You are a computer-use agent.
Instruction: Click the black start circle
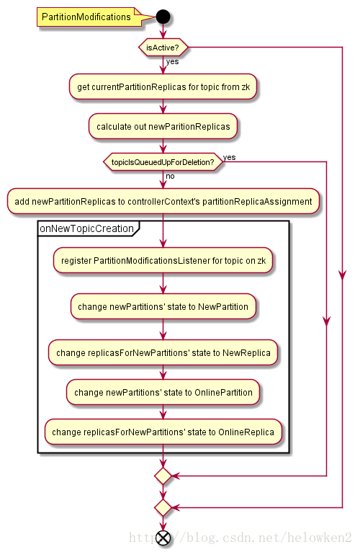coord(163,17)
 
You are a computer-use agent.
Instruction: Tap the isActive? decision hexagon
coord(163,47)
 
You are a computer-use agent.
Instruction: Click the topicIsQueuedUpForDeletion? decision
coord(163,162)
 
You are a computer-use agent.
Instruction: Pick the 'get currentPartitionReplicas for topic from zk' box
coord(163,86)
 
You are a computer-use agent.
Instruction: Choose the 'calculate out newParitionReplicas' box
coord(163,126)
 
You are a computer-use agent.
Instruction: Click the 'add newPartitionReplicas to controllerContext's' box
coord(163,201)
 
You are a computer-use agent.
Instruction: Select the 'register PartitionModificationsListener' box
coord(163,261)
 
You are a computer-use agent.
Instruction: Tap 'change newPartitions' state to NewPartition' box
coord(163,307)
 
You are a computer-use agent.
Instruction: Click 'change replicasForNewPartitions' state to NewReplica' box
coord(163,352)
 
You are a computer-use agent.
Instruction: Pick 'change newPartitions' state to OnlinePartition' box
coord(163,392)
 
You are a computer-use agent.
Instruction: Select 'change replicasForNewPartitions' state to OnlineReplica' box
coord(163,432)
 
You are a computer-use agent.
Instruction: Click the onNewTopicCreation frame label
coord(87,228)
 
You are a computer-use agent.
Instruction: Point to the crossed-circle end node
coord(163,538)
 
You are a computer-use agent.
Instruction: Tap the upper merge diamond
coord(163,476)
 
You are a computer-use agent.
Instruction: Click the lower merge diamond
coord(163,507)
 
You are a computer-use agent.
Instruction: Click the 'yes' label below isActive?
coord(172,61)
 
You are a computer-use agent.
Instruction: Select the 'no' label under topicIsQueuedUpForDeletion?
coord(170,176)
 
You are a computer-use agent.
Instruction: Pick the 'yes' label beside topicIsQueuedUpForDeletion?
coord(230,157)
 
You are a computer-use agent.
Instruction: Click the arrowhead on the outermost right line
coord(342,275)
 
